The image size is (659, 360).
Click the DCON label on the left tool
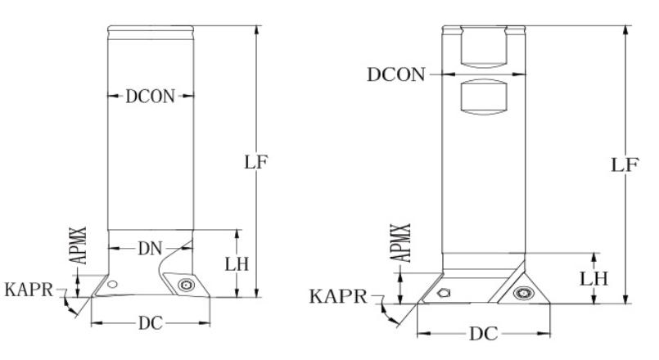click(x=150, y=97)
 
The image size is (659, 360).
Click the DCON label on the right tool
click(x=396, y=74)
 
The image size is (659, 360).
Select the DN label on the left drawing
click(x=150, y=249)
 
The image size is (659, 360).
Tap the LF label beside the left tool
click(x=256, y=162)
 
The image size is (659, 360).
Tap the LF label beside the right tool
click(x=625, y=164)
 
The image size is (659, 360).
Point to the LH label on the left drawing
click(x=237, y=264)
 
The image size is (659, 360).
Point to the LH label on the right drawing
click(x=594, y=278)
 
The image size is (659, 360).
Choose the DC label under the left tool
click(x=151, y=323)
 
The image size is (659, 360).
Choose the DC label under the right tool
click(x=484, y=334)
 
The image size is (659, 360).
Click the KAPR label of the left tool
click(x=29, y=290)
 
